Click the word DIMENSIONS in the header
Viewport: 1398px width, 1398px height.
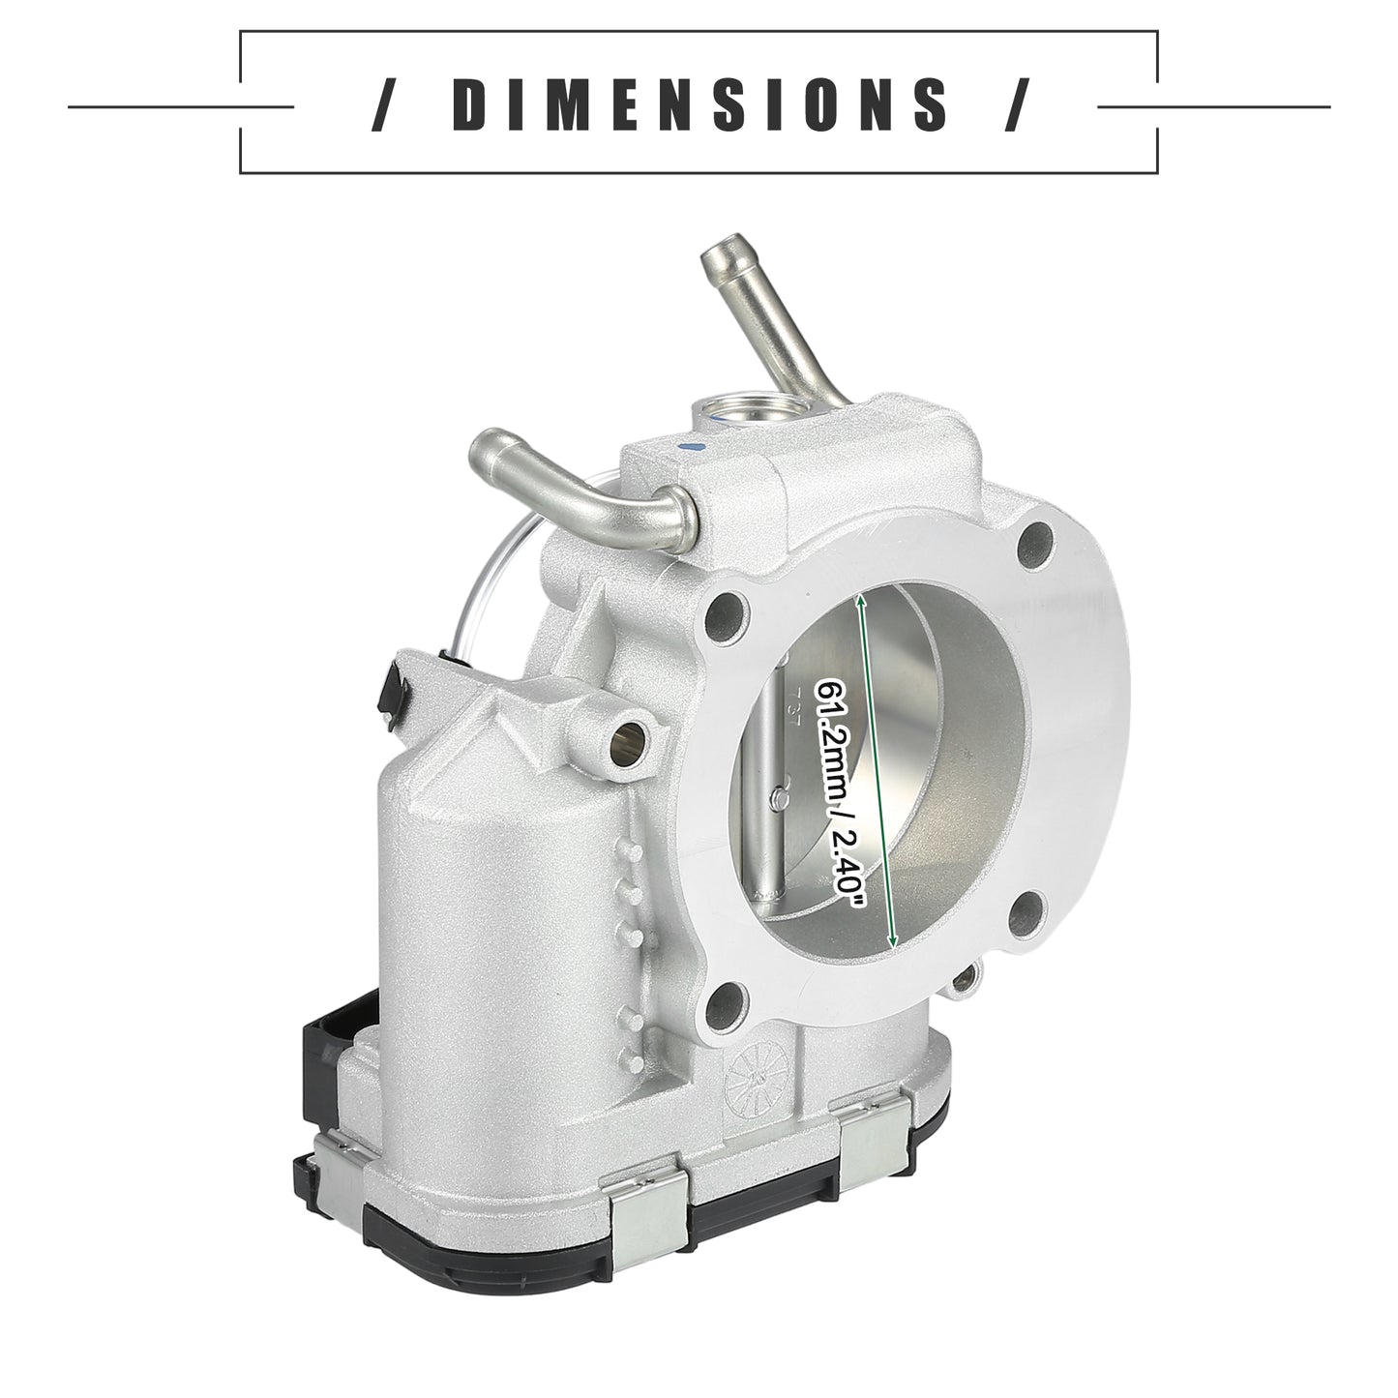coord(699,104)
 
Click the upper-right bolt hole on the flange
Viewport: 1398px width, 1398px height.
coord(1035,540)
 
